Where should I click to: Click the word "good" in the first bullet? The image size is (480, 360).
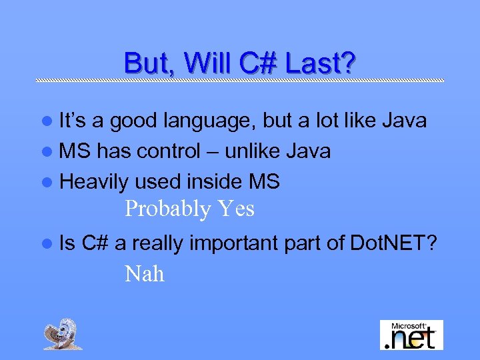(x=133, y=122)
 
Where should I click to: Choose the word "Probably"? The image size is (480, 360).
(x=167, y=210)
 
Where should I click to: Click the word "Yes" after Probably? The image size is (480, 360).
(x=235, y=209)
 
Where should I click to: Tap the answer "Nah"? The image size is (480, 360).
(x=144, y=274)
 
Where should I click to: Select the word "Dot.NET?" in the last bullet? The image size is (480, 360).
(x=393, y=245)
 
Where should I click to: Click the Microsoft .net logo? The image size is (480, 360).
(x=411, y=335)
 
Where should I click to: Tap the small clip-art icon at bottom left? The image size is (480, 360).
(x=63, y=333)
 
